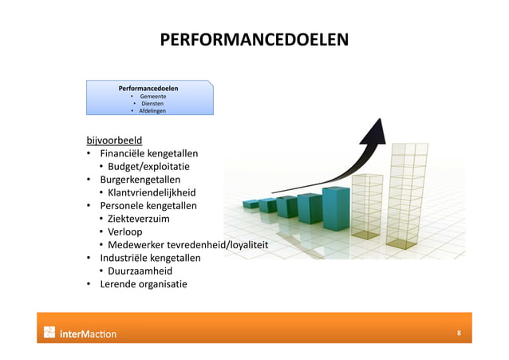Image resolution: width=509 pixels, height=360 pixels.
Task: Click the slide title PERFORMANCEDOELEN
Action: (x=254, y=40)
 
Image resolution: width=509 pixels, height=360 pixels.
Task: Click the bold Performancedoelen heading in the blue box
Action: (x=148, y=87)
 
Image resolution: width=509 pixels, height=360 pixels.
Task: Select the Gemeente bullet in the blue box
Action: (x=152, y=96)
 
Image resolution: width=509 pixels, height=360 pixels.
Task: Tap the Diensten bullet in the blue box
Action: (x=152, y=104)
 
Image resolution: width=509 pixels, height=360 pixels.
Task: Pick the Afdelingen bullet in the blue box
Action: (x=152, y=112)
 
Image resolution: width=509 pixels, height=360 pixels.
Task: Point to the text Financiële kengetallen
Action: (x=148, y=153)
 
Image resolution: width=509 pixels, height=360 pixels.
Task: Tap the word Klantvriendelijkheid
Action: (x=152, y=192)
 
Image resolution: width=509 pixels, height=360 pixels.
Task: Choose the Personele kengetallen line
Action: (x=148, y=205)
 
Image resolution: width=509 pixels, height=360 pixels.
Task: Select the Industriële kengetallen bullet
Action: (x=149, y=258)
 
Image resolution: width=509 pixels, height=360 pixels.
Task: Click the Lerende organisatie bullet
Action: (x=143, y=283)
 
